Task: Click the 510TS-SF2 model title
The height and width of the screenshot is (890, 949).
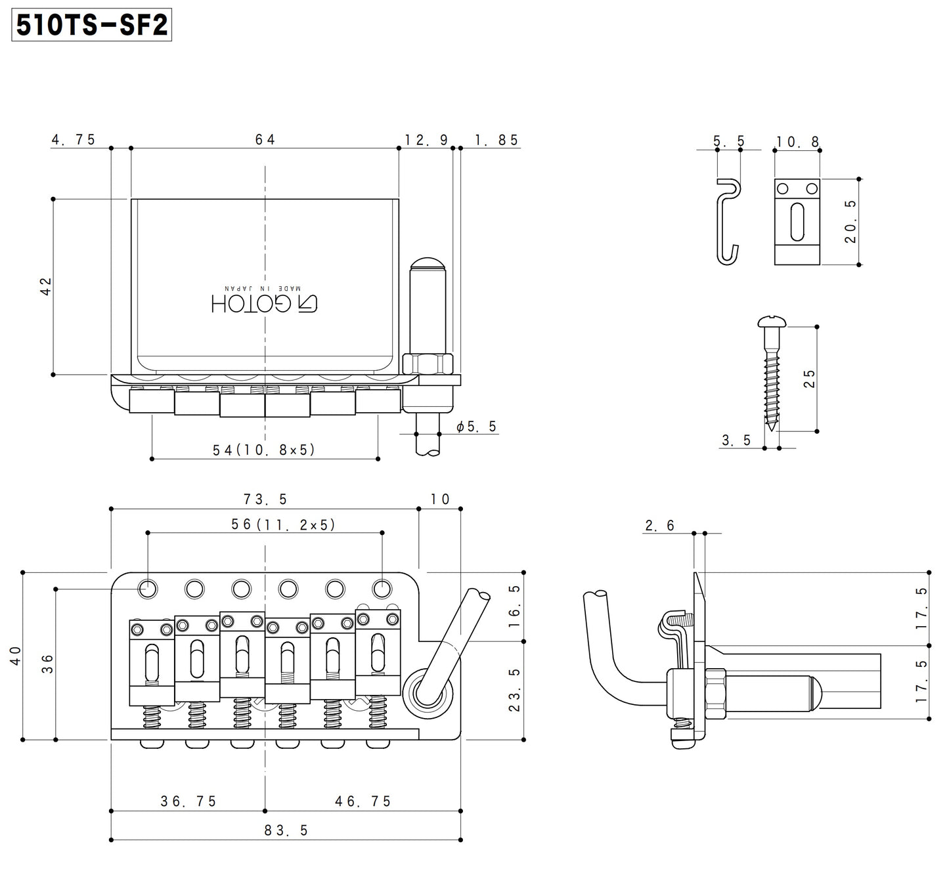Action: point(92,26)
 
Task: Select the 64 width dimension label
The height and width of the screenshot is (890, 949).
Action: point(265,139)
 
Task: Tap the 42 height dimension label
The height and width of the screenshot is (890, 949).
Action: point(46,286)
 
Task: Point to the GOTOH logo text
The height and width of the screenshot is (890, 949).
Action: point(265,302)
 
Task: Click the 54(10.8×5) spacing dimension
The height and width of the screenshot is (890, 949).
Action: point(264,450)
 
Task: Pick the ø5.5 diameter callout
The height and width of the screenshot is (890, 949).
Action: point(477,427)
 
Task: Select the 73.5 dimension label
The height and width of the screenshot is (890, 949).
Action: point(265,499)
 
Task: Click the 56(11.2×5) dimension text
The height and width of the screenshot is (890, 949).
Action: point(283,524)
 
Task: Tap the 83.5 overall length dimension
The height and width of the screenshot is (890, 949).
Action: point(286,830)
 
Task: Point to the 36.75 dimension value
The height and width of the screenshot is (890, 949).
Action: point(188,801)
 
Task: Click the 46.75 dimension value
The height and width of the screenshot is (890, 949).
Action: point(363,801)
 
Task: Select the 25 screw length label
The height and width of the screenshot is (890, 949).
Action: point(810,379)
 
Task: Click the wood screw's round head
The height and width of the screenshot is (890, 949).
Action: point(772,322)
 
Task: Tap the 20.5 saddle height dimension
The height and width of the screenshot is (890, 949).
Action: point(850,222)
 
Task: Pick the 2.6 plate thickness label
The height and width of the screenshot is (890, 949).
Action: point(660,525)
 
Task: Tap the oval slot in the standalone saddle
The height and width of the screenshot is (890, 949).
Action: point(797,222)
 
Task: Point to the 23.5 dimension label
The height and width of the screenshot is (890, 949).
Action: point(514,690)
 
